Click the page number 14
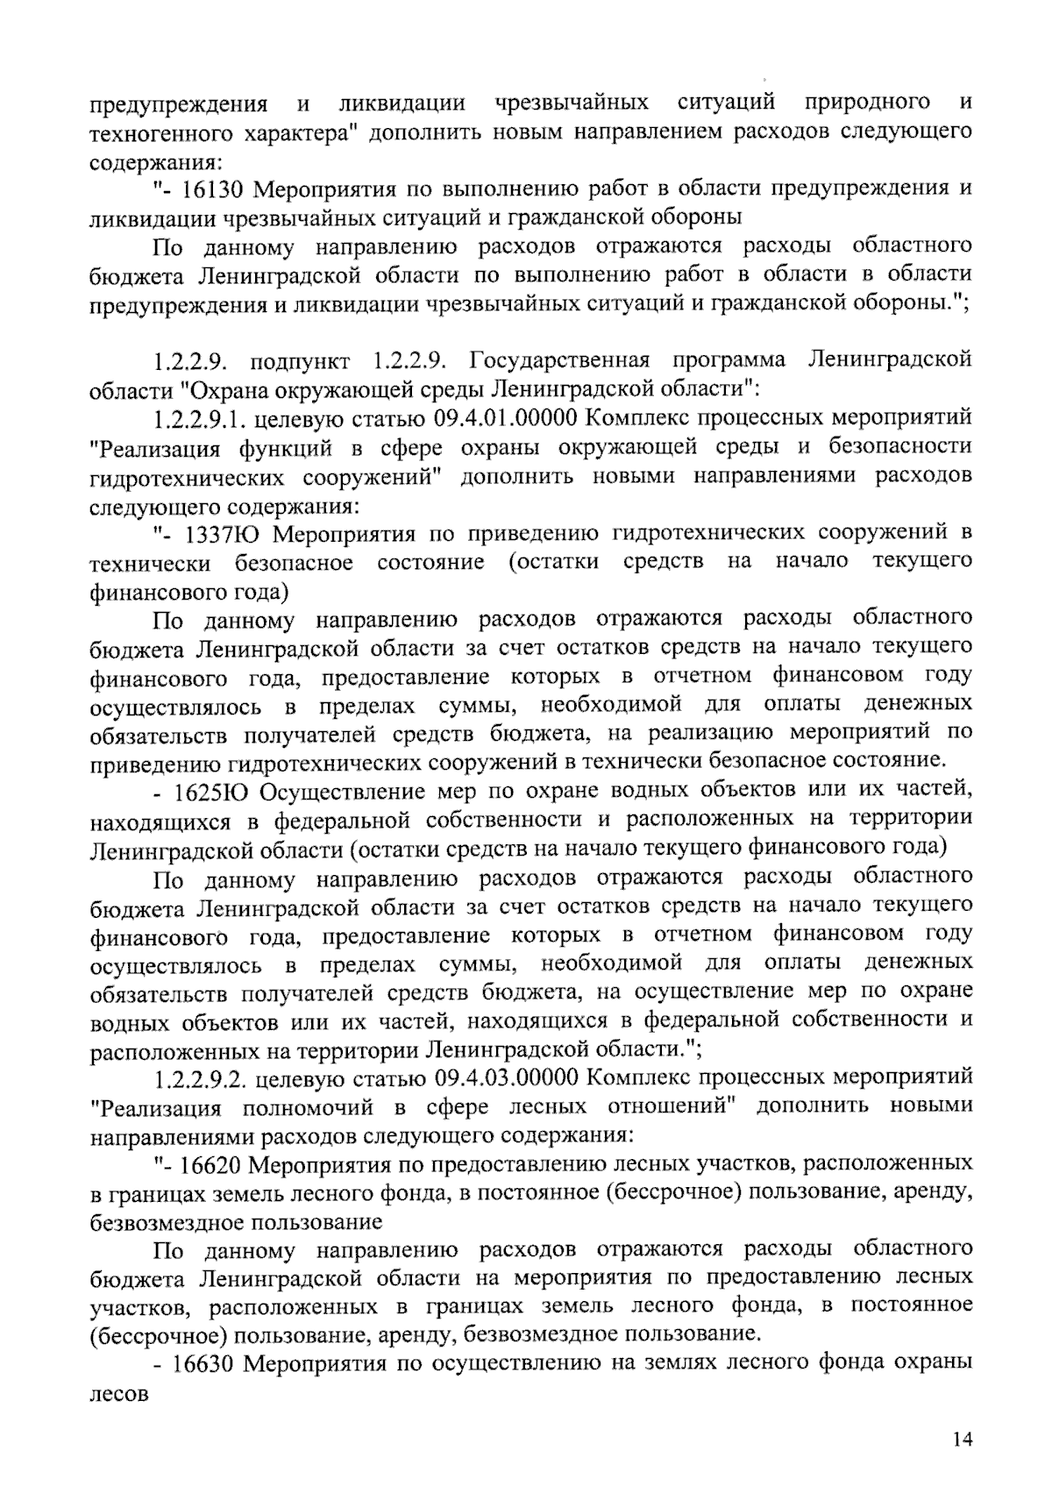[x=963, y=1440]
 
